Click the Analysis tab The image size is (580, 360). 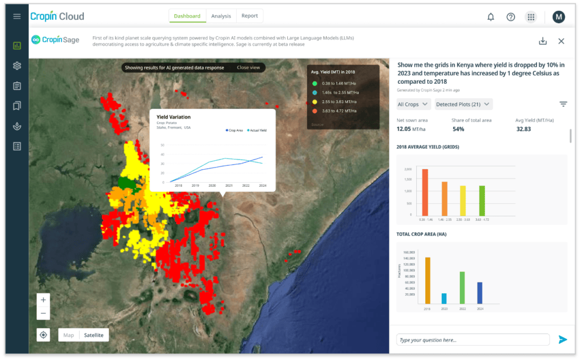(x=221, y=16)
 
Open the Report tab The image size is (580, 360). (x=250, y=16)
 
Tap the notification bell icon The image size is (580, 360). (x=491, y=17)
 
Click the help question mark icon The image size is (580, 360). (x=510, y=17)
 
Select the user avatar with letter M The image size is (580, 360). (x=558, y=17)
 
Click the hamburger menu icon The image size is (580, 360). (x=17, y=16)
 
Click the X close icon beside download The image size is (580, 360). (x=561, y=41)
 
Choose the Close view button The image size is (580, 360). (x=248, y=67)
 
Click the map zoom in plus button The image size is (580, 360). (x=44, y=299)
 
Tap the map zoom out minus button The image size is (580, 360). (x=44, y=313)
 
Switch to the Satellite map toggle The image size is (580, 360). (x=93, y=335)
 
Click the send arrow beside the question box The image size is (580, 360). (x=562, y=340)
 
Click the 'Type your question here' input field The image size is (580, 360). (x=472, y=340)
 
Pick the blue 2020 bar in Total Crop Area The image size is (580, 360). (x=443, y=298)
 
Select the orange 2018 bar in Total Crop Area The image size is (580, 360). (x=428, y=280)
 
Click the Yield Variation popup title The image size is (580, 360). (x=173, y=117)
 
